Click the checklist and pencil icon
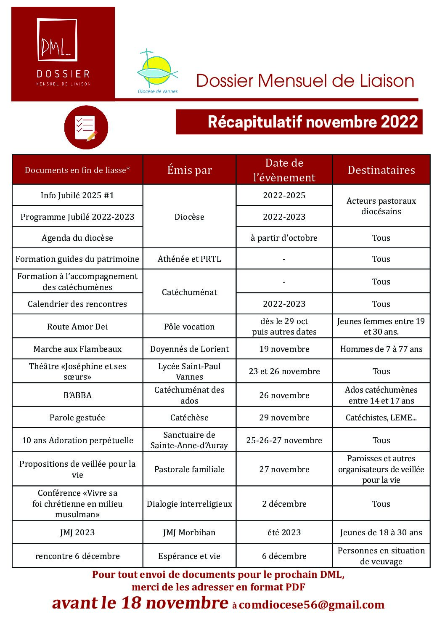click(86, 128)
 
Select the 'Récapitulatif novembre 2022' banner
click(299, 122)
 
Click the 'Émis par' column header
click(189, 170)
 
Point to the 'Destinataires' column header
click(381, 170)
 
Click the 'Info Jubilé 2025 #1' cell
click(77, 195)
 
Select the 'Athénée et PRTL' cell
click(189, 259)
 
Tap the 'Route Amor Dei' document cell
click(77, 327)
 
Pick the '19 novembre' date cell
click(284, 349)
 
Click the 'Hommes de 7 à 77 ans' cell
click(381, 349)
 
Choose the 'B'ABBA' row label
click(77, 395)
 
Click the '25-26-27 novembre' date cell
click(284, 440)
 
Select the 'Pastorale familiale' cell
click(189, 469)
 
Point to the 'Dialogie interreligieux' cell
click(189, 504)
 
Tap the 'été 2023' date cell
click(284, 532)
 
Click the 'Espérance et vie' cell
click(189, 556)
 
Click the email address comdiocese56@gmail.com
click(312, 605)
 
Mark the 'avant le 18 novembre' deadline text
click(140, 603)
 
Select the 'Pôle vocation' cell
click(189, 327)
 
